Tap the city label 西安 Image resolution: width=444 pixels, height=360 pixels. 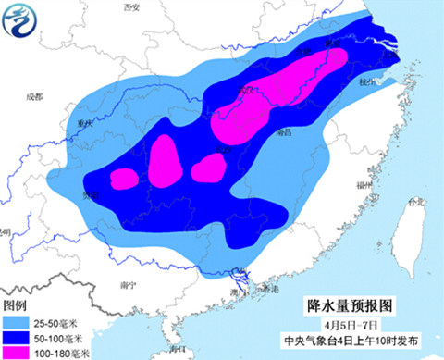(x=131, y=7)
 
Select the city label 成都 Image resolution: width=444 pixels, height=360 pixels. (x=35, y=95)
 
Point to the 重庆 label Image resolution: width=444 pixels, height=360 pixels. (x=89, y=121)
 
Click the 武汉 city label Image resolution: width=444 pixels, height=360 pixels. (x=247, y=90)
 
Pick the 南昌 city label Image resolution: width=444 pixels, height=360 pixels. (x=285, y=132)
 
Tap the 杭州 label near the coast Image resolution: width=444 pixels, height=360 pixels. (x=371, y=81)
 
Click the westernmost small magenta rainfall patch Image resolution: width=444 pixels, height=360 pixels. (x=124, y=177)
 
